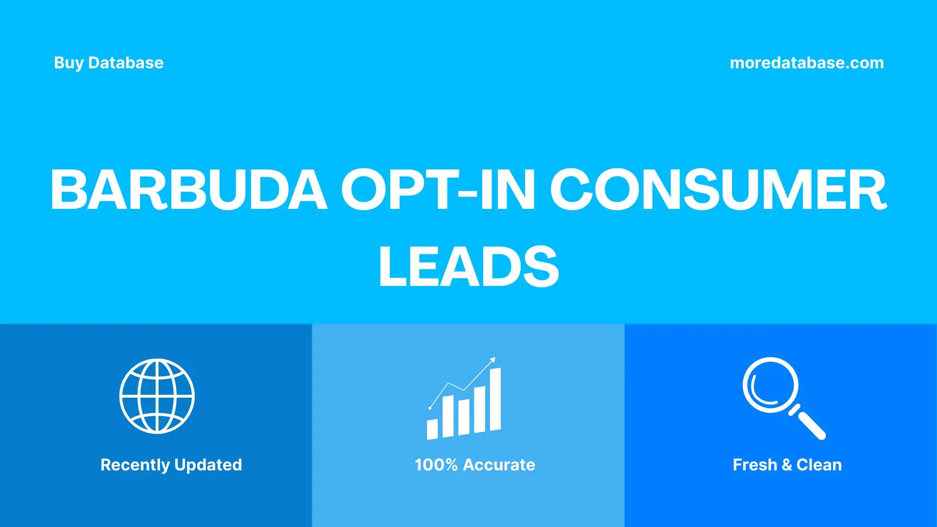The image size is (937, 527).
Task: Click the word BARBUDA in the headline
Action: click(188, 190)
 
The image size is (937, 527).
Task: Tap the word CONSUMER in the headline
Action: click(718, 190)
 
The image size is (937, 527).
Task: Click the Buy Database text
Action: click(108, 63)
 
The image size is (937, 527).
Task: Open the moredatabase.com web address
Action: click(806, 63)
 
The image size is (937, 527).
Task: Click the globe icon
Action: click(157, 396)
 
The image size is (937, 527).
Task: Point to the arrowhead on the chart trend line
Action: click(493, 360)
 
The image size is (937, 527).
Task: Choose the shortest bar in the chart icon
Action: click(432, 429)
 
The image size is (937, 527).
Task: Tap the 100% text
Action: click(436, 465)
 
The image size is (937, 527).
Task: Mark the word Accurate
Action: click(499, 465)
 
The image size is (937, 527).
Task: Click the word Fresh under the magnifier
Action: click(754, 465)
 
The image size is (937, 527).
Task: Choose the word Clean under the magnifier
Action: click(819, 465)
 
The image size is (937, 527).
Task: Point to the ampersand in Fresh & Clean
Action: click(787, 465)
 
